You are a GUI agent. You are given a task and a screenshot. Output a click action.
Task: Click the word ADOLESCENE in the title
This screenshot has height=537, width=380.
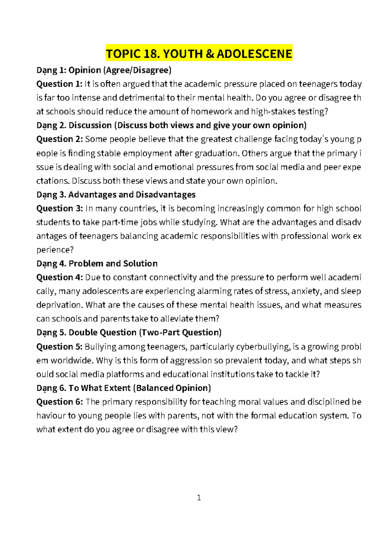click(254, 54)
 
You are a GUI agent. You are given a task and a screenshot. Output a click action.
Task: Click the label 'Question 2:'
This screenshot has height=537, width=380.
click(59, 139)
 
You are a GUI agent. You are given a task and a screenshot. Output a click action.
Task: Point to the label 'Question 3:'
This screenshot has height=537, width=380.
click(59, 208)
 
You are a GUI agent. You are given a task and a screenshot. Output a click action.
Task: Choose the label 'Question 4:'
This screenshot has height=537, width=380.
click(59, 277)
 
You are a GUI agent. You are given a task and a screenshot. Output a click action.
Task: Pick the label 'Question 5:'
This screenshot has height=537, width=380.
click(59, 347)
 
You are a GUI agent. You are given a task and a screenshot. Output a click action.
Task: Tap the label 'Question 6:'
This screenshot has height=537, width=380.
click(59, 402)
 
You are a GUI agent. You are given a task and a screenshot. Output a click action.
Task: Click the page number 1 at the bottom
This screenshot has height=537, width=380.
click(199, 498)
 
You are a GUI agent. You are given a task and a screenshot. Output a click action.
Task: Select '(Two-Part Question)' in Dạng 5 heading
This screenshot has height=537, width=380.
click(180, 332)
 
